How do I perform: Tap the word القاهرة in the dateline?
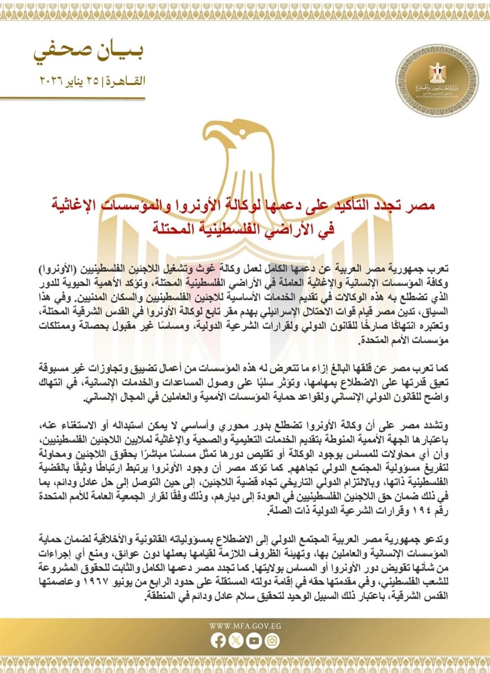(126, 80)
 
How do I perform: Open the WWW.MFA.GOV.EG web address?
(245, 626)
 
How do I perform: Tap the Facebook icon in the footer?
(219, 641)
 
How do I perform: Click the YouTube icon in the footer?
(254, 641)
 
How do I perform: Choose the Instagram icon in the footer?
(272, 641)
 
